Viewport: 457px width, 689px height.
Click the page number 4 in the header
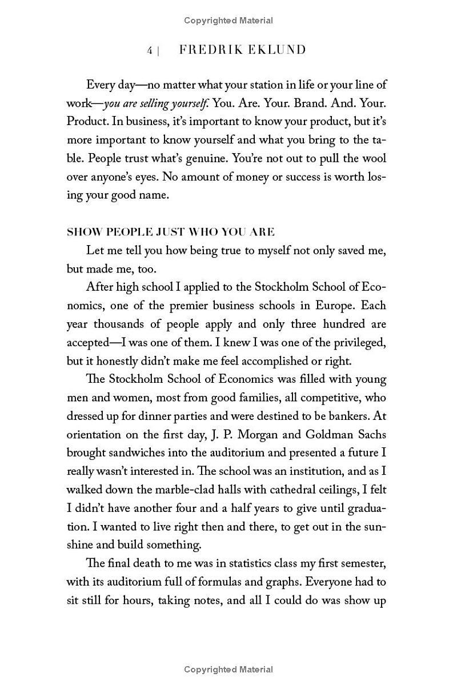click(150, 51)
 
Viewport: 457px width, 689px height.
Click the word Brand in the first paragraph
click(309, 103)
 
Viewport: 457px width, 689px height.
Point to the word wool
click(374, 158)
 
